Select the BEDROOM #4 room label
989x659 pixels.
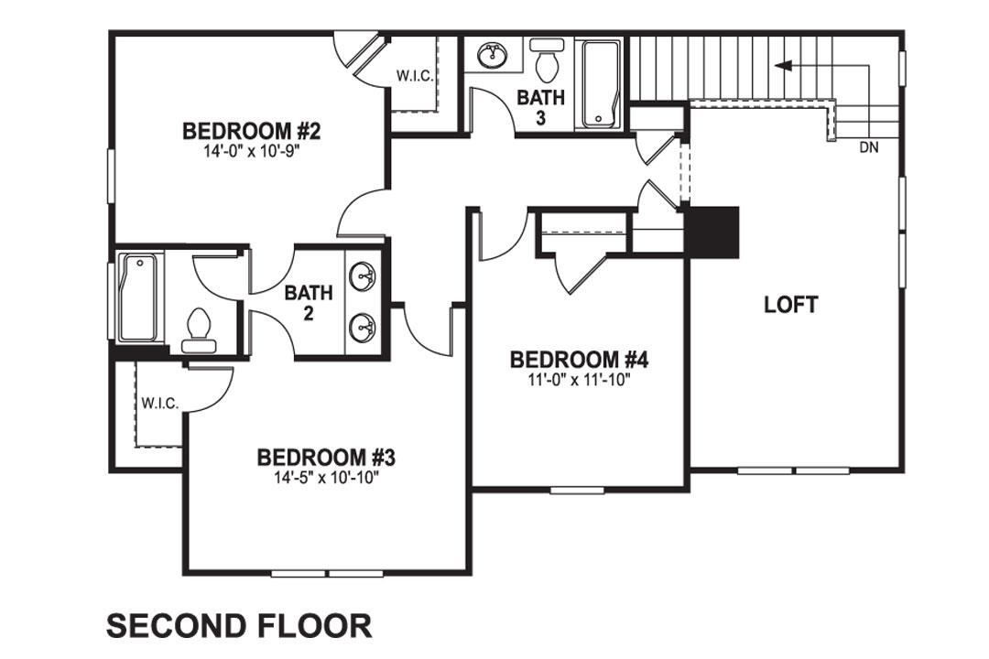coord(579,359)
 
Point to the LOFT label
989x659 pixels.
coord(791,305)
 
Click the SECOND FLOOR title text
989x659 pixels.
coord(239,626)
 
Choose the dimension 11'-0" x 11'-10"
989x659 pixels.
coord(579,379)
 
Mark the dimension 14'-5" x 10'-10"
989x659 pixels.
coord(325,476)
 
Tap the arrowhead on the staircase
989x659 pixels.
coord(781,65)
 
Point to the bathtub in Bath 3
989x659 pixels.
coord(601,83)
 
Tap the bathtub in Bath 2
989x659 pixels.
coord(138,297)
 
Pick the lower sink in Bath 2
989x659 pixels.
coord(364,325)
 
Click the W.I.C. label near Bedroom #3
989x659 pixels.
coord(159,404)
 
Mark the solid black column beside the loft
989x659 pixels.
coord(712,232)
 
